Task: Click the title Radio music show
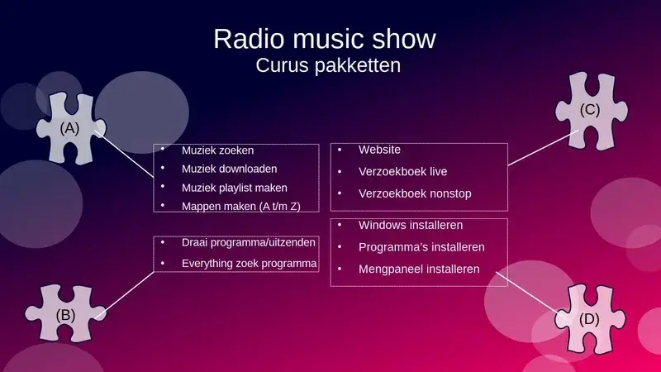(x=325, y=39)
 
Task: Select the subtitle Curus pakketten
(x=328, y=65)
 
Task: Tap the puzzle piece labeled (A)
(x=71, y=128)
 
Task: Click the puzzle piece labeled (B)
(x=65, y=313)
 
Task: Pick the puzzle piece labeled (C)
(x=592, y=111)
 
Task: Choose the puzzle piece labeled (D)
(x=590, y=319)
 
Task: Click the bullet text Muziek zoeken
(x=217, y=150)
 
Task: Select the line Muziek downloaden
(x=230, y=169)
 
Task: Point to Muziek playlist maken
(x=235, y=188)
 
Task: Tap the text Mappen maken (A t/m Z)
(x=240, y=206)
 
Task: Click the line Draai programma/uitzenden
(x=249, y=242)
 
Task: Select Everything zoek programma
(x=249, y=264)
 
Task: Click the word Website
(x=379, y=150)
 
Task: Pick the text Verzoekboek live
(x=402, y=172)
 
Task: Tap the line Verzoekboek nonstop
(x=415, y=193)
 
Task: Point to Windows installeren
(x=411, y=225)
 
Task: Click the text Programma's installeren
(x=421, y=247)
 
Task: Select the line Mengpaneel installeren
(x=419, y=269)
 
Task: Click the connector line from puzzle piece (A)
(x=124, y=154)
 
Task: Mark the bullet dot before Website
(x=340, y=150)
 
